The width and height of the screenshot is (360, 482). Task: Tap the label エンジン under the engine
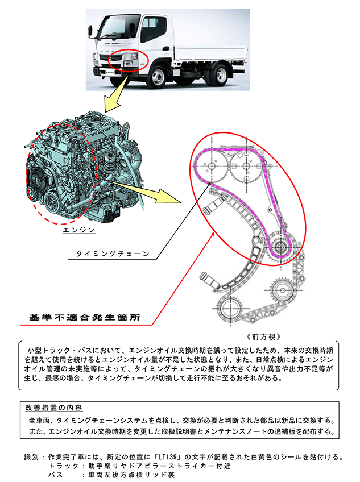click(79, 231)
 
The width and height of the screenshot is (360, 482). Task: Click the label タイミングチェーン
click(113, 254)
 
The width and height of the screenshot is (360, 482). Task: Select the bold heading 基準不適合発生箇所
click(85, 317)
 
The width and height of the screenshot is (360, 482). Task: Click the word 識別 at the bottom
click(32, 457)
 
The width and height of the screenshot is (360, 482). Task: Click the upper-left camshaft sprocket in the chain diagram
click(212, 167)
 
